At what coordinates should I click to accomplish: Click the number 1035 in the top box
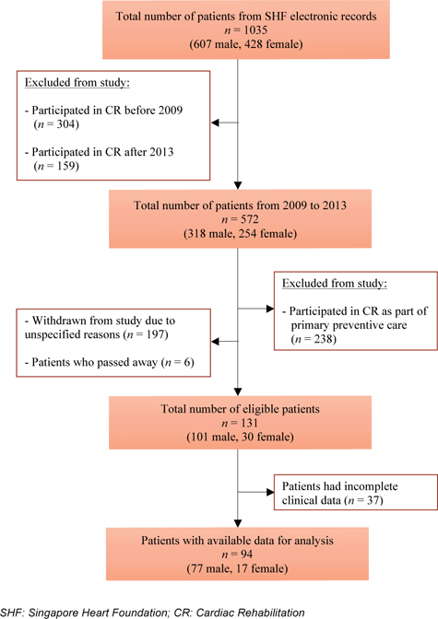pos(255,30)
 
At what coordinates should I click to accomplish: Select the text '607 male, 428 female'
pos(246,44)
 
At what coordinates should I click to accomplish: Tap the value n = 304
pos(56,124)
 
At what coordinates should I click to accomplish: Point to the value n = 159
pos(56,166)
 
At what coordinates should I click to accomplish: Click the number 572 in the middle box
pos(250,219)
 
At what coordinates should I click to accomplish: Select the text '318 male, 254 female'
pos(240,234)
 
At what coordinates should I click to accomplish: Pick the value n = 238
pos(314,339)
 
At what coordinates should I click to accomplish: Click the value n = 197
pos(146,334)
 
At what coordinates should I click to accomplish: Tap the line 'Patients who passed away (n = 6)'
pos(110,362)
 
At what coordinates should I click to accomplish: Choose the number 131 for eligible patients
pos(249,423)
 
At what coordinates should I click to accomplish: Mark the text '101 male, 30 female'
pos(240,437)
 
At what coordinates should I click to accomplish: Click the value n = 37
pos(364,500)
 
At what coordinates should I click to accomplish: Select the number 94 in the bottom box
pos(246,555)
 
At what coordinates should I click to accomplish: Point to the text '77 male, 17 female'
pos(237,568)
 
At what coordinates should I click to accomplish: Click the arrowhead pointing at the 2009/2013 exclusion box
pos(215,123)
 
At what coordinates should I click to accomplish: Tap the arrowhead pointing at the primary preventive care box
pos(270,309)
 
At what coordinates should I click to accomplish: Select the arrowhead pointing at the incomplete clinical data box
pos(270,492)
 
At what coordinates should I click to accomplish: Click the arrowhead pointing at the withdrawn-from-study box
pos(215,342)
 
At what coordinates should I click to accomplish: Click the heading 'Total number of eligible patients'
pos(240,409)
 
